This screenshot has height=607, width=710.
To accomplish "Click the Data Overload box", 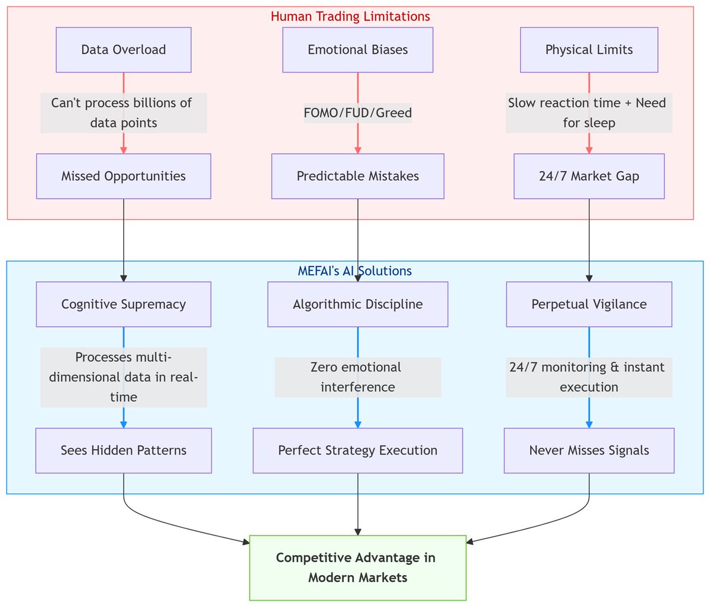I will click(x=124, y=50).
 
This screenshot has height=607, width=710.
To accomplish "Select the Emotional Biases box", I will click(x=357, y=50).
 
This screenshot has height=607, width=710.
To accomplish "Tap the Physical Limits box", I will click(x=589, y=50).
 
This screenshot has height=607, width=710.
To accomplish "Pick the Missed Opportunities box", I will click(x=124, y=176).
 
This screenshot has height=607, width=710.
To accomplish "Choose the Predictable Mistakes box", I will click(x=357, y=176).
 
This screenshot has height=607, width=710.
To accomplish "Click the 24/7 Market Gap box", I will click(x=589, y=176).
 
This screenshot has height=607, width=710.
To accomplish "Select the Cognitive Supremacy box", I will click(x=124, y=304).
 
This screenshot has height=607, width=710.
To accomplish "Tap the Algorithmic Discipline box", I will click(x=357, y=304).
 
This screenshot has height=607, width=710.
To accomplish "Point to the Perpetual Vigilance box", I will click(x=589, y=304).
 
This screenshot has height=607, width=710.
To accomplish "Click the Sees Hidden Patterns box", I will click(x=124, y=450).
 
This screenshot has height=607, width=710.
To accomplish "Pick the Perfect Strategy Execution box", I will click(x=357, y=450).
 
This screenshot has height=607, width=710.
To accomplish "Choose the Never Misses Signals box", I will click(x=589, y=450).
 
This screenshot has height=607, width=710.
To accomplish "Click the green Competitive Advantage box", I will click(x=357, y=567).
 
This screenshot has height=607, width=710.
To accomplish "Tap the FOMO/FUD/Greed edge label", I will click(x=357, y=113).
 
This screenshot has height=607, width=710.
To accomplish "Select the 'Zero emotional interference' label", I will click(x=357, y=377).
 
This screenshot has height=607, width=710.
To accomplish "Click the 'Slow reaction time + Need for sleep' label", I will click(x=589, y=113).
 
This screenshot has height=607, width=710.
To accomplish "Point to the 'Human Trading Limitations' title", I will click(x=350, y=16).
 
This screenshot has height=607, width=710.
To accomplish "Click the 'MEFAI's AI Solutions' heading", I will click(x=354, y=271).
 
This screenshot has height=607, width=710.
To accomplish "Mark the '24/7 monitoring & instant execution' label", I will click(x=589, y=377).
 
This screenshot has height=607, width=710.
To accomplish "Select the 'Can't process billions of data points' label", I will click(x=124, y=113).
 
